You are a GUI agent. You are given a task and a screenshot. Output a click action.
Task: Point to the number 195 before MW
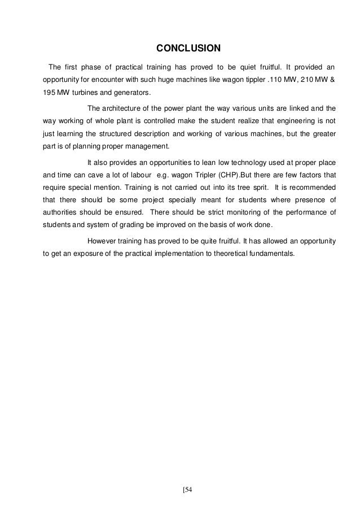[x=50, y=93]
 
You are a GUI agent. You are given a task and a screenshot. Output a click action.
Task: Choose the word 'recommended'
[x=311, y=186]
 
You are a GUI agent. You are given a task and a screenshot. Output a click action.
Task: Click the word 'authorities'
[x=63, y=213]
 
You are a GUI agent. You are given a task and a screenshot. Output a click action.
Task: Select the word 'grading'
[x=129, y=225]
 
